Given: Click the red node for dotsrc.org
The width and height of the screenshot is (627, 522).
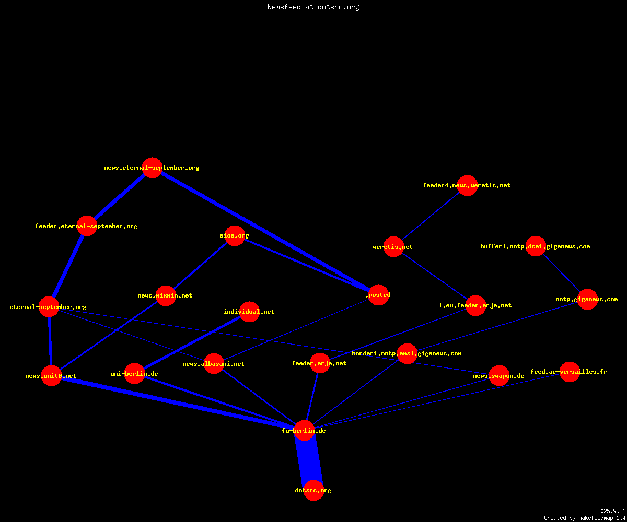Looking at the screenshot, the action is point(313,490).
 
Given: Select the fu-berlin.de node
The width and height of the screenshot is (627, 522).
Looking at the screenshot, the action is point(304,431).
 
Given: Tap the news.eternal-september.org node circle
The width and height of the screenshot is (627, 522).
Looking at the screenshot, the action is point(152,168).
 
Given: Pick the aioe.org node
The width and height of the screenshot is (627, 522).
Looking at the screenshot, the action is point(235,235).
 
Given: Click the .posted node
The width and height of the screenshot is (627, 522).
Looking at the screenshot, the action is point(378,295).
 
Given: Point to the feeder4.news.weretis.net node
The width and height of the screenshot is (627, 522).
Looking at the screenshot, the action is point(467,185).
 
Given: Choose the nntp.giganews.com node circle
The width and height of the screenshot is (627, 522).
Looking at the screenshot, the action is point(588,300).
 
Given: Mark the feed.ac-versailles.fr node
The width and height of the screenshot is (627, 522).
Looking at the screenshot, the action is point(570,372).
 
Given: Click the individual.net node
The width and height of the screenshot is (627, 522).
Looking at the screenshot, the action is point(249,312).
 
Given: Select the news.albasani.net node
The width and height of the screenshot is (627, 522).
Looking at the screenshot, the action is point(214,364).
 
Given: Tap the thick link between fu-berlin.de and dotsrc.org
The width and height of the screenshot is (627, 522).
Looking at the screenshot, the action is point(309,460).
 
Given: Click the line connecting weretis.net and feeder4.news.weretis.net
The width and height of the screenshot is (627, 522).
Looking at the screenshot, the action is point(431,216).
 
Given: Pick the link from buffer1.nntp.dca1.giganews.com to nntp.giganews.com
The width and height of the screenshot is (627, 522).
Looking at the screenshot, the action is point(562,272).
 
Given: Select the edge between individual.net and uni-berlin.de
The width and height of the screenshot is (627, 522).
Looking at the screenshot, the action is point(192,342).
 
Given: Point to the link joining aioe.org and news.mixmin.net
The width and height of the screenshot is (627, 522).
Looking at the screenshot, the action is point(200,266).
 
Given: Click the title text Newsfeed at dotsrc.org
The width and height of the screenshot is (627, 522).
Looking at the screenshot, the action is point(313,7).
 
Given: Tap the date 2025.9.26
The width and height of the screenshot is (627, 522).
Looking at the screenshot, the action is point(611,511).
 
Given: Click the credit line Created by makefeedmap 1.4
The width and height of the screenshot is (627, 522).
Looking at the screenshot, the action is point(585,518).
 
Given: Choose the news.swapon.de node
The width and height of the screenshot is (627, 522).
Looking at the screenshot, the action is point(499,376).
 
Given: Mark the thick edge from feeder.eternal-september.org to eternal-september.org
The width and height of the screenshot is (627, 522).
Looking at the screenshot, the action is point(68,266).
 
